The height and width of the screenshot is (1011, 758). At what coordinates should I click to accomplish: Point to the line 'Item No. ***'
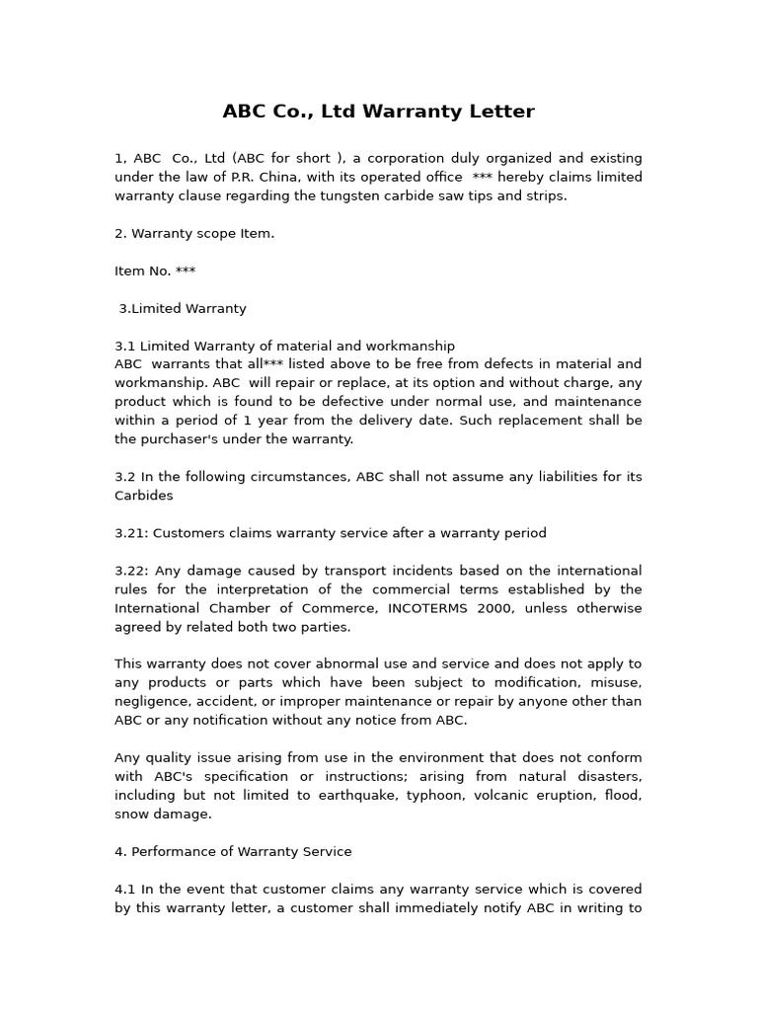click(155, 271)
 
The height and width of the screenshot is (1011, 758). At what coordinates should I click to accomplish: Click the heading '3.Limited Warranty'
click(183, 308)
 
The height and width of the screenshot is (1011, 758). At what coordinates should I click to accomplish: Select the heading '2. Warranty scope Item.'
click(194, 233)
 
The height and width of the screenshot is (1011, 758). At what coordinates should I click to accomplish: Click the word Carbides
click(143, 496)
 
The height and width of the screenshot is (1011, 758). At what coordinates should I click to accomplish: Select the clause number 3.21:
click(131, 533)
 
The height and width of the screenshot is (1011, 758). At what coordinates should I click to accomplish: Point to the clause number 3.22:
click(131, 571)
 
